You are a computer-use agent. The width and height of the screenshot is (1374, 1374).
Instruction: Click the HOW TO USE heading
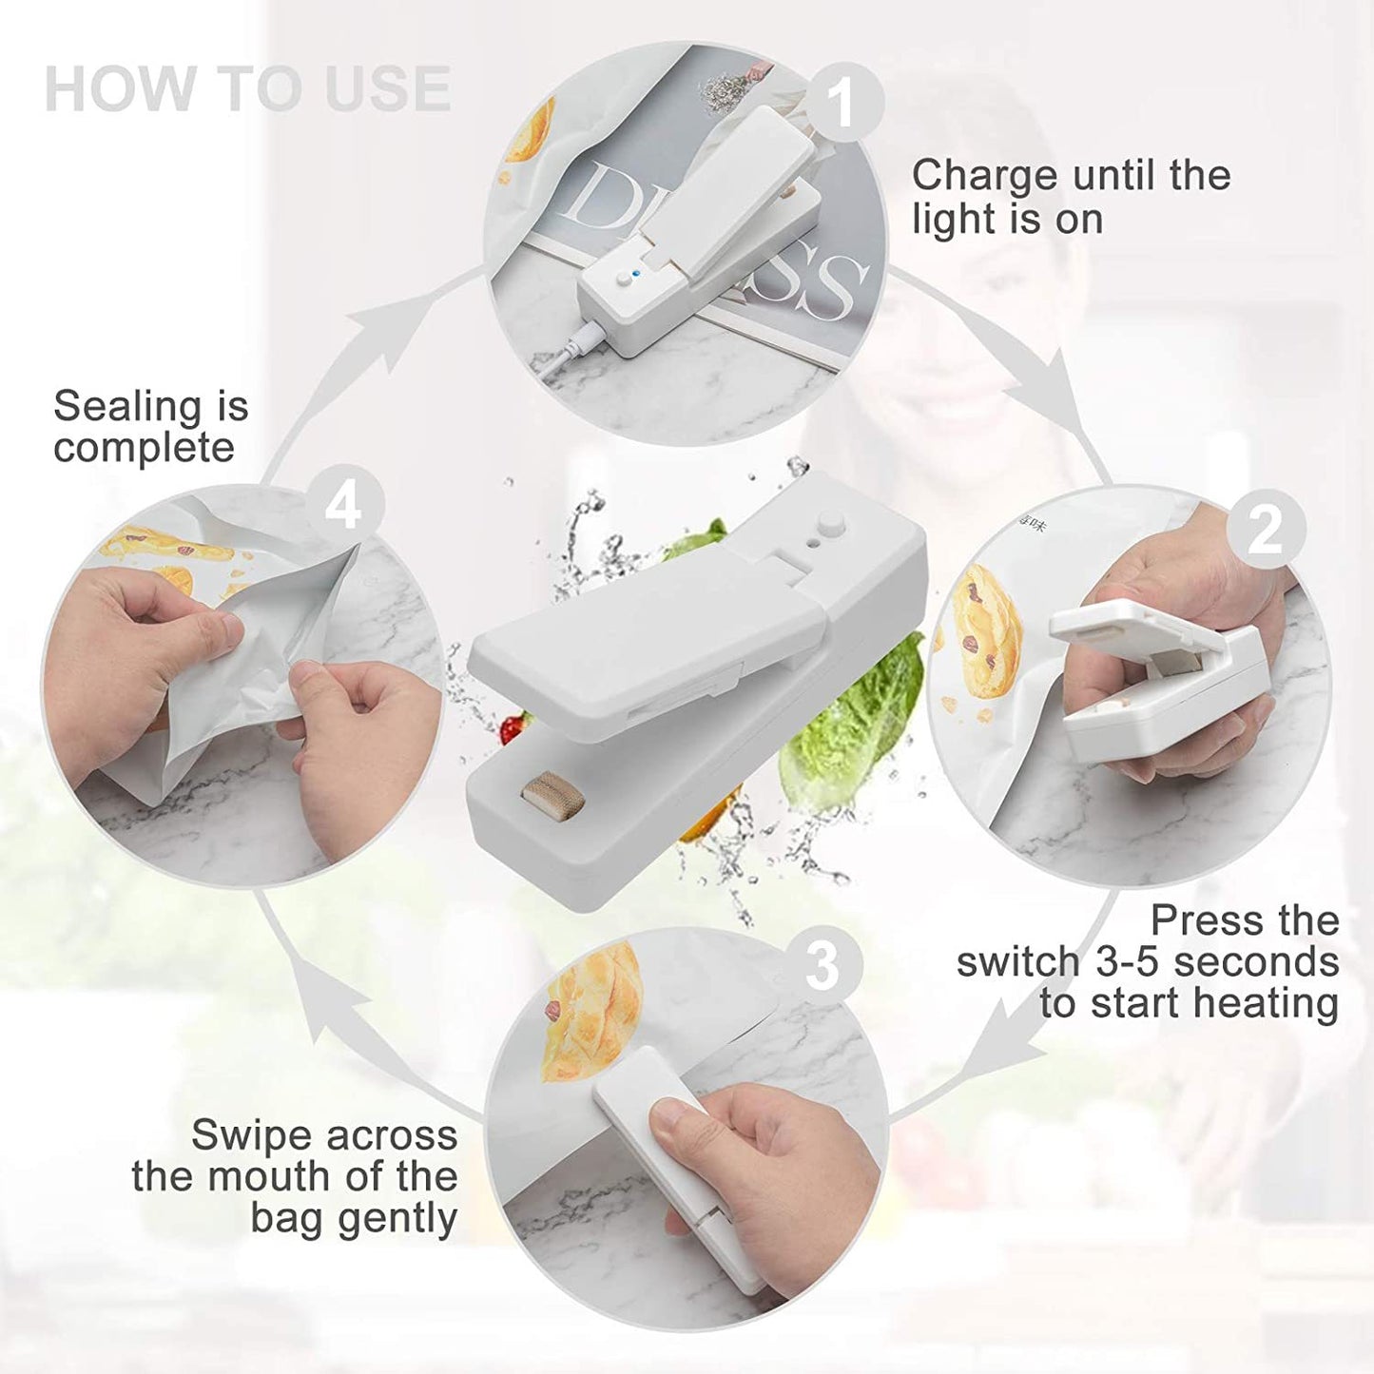(247, 89)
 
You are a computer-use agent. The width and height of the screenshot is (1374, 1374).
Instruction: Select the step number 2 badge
(1264, 530)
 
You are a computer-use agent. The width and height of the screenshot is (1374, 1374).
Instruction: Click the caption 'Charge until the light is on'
(1071, 197)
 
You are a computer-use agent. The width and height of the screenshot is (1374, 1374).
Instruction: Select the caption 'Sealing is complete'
(150, 427)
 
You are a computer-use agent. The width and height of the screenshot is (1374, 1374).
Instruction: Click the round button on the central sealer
(833, 523)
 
